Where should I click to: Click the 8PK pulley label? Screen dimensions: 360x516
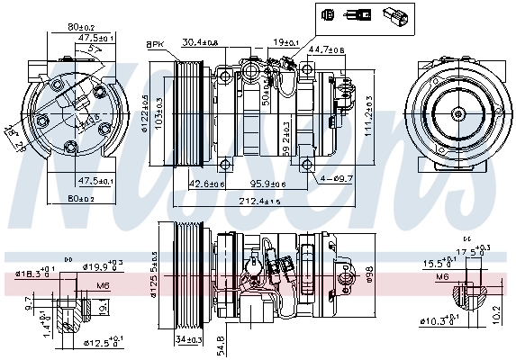[x=154, y=43]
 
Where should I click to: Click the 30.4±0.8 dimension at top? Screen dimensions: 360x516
[x=201, y=42]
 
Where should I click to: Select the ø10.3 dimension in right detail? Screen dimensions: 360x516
[x=439, y=320]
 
